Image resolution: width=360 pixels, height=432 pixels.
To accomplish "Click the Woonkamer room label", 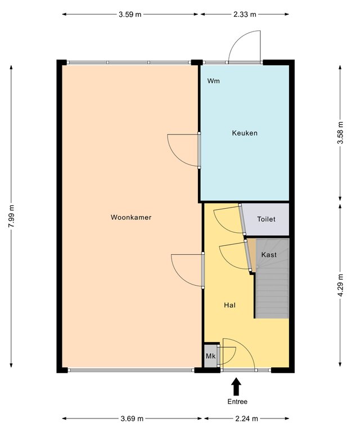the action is [x=131, y=217].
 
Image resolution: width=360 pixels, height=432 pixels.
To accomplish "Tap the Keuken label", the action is [x=245, y=133].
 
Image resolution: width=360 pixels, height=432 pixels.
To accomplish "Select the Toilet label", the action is [x=266, y=219].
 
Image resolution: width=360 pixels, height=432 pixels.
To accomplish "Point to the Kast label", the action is [x=269, y=255].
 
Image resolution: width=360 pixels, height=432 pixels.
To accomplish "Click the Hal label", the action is [x=229, y=305].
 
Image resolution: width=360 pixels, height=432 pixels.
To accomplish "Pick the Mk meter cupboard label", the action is [x=210, y=356].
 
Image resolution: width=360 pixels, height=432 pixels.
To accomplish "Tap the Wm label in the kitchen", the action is [x=213, y=81].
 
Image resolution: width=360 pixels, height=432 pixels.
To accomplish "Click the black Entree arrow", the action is [x=236, y=386].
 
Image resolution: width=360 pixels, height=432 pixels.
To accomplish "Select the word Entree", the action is [x=237, y=402].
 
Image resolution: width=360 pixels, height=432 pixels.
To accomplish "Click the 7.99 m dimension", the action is [x=11, y=216].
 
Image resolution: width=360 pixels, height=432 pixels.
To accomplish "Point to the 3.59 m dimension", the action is [x=130, y=14].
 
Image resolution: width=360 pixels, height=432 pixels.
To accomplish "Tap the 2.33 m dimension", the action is [x=245, y=14].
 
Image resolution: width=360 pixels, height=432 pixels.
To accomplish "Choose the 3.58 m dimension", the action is [x=340, y=133].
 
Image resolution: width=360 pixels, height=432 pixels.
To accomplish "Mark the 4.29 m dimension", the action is [x=340, y=285].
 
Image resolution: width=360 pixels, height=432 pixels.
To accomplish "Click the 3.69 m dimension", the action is [x=132, y=418].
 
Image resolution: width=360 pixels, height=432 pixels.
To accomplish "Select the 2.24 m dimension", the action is [x=246, y=418].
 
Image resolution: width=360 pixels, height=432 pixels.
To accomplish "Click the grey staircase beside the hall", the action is [x=272, y=278].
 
